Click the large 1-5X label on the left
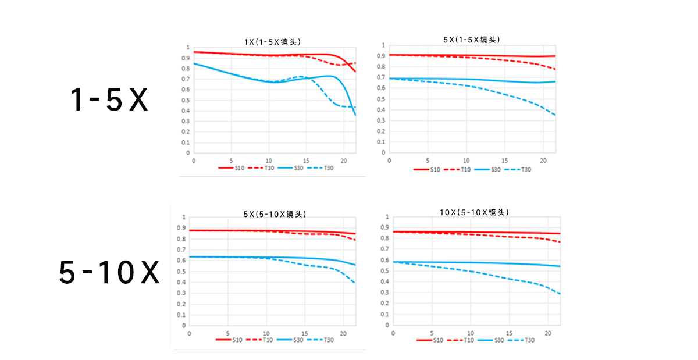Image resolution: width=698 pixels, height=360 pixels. click(109, 99)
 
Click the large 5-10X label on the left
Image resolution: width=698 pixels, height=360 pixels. click(109, 272)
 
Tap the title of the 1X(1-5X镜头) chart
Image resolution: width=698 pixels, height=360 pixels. click(272, 42)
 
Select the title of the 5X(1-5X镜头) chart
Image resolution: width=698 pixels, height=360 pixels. click(472, 40)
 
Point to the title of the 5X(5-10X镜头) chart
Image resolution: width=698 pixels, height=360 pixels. click(275, 214)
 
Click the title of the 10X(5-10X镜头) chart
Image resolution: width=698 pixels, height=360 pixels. click(474, 212)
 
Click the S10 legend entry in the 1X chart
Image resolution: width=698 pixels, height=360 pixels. click(232, 168)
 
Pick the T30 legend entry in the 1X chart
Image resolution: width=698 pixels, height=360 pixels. click(320, 168)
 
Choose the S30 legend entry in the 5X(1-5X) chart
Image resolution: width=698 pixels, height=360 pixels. click(487, 170)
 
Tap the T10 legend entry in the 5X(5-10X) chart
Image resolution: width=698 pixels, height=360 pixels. click(259, 340)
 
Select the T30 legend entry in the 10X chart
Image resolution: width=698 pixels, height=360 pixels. click(521, 340)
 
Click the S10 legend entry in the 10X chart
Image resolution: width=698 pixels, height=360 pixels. click(430, 340)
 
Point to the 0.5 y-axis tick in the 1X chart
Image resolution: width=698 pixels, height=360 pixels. click(186, 101)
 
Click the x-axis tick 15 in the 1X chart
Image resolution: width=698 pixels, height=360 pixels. click(307, 161)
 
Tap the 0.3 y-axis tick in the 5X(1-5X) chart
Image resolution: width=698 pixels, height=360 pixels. click(381, 120)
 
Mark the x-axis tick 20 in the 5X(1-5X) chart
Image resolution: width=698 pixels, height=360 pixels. click(543, 161)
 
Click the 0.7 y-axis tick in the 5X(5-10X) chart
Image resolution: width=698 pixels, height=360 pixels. click(181, 249)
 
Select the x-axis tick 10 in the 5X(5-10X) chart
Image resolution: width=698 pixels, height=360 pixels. click(266, 333)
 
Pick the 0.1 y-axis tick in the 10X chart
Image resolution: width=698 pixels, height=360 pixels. click(385, 314)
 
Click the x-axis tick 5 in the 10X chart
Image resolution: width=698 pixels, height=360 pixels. click(432, 333)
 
